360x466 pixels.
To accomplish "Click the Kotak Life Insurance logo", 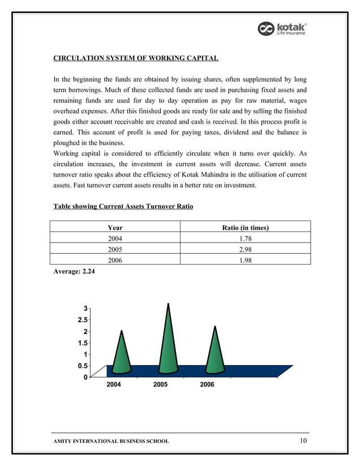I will [282, 29].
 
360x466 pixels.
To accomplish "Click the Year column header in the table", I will [115, 228].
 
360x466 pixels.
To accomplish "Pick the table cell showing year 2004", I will [115, 239].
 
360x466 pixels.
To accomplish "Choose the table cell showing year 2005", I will [115, 249].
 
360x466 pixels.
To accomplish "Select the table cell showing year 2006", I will [115, 260].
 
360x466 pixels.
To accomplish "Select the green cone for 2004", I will [122, 355].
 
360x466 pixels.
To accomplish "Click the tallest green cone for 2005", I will [169, 344].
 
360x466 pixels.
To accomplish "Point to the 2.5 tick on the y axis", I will [83, 320].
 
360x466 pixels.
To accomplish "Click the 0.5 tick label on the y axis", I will [83, 366].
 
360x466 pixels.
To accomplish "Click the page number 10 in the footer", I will [304, 440].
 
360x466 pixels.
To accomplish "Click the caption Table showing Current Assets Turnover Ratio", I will [123, 207].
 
